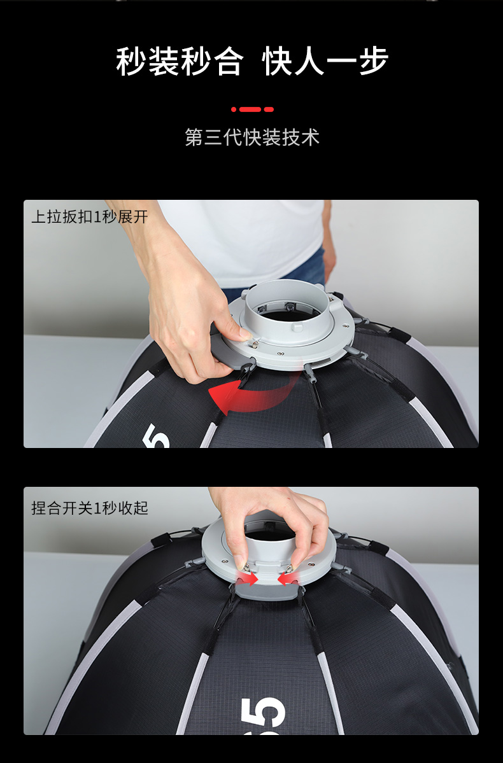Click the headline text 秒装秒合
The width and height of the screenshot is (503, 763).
click(180, 62)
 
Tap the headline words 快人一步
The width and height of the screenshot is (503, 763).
click(325, 62)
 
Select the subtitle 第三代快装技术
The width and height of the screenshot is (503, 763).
click(251, 137)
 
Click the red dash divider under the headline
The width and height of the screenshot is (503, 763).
click(252, 109)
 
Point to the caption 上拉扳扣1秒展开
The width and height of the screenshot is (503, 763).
click(90, 216)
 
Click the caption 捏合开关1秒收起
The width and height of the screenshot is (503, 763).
click(90, 508)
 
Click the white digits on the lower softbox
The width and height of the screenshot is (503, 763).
click(263, 715)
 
